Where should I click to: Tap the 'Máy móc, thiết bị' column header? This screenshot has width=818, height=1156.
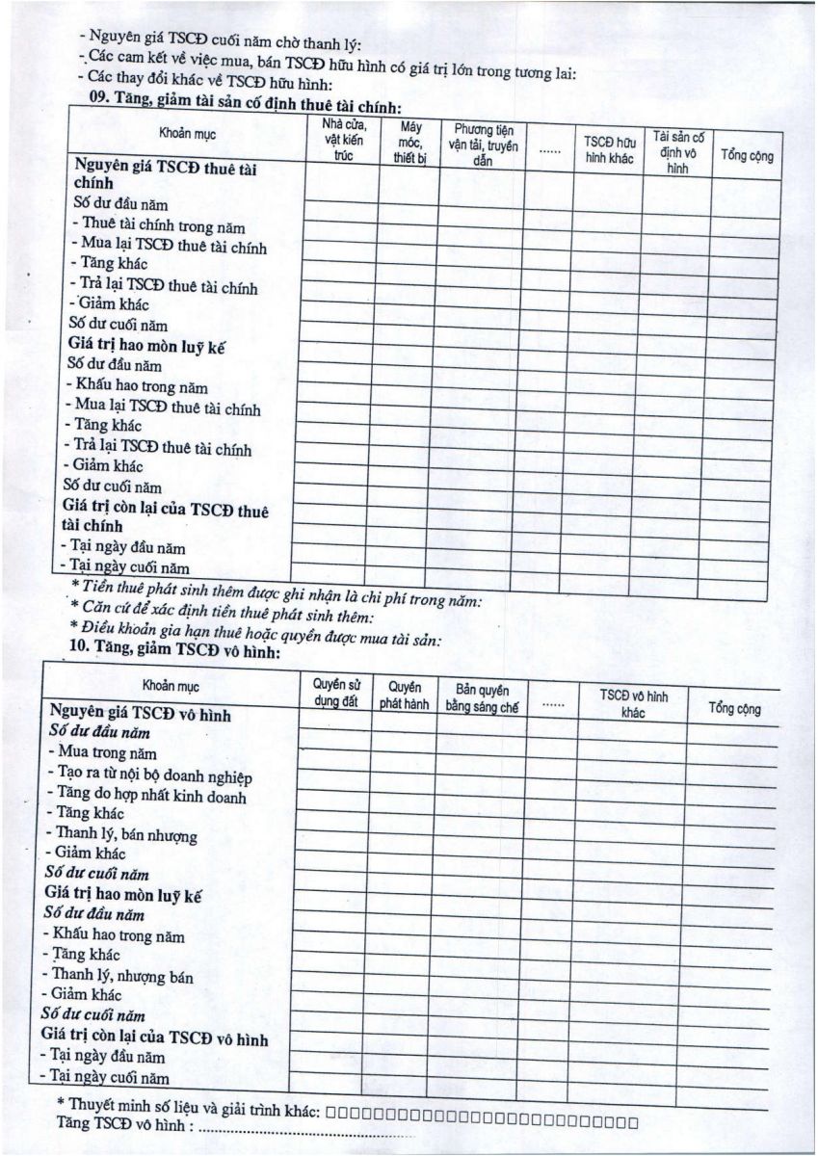[409, 142]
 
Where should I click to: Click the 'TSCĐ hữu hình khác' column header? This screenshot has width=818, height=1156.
[610, 150]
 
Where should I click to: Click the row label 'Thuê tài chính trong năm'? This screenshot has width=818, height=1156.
[161, 226]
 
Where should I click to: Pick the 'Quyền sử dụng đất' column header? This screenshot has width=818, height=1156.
[334, 692]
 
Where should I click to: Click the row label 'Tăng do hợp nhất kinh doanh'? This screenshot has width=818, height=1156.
[148, 796]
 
